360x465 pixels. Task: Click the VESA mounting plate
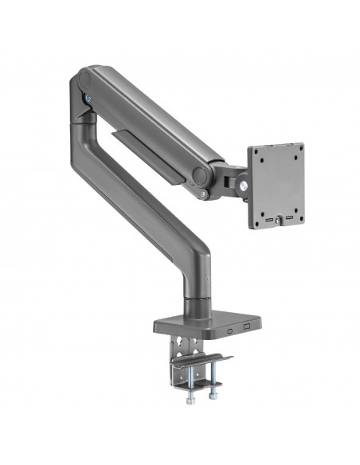[276, 187]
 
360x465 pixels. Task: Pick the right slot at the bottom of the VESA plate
[290, 217]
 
